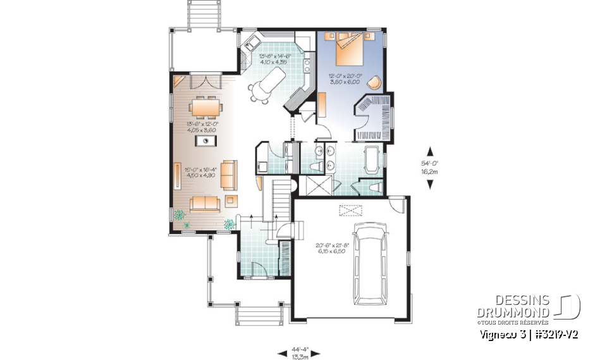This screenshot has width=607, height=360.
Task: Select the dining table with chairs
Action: point(205,108)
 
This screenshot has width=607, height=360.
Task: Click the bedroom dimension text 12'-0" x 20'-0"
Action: point(345,79)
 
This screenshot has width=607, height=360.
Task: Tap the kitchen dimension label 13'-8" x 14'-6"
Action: point(274,59)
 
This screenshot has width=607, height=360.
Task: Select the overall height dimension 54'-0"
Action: point(431,167)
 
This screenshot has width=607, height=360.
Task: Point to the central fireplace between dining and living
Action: point(206,140)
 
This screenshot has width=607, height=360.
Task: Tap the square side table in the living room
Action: point(231,201)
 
